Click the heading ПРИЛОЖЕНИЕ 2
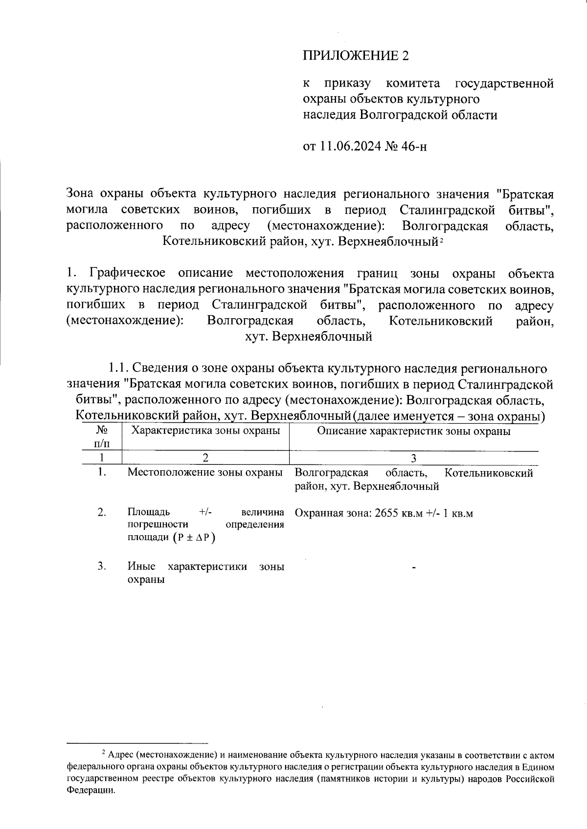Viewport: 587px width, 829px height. coord(356,56)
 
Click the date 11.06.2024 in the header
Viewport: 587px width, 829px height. coord(350,146)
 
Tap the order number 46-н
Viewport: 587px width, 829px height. coord(414,146)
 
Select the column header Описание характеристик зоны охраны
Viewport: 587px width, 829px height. coord(414,431)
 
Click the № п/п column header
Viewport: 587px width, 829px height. coord(102,436)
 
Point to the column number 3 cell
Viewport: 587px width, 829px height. coord(414,458)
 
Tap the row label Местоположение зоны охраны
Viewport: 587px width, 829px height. coord(205,472)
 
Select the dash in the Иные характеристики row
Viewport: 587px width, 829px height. coord(414,567)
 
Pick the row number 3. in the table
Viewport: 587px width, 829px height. coord(102,566)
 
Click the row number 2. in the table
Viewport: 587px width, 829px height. coord(102,512)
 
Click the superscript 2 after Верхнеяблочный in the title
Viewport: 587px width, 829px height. coord(441,240)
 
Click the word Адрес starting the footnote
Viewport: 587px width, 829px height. coord(120,755)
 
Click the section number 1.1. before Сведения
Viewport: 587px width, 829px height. coord(119,368)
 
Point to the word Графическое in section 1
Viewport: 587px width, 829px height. coord(127,273)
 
